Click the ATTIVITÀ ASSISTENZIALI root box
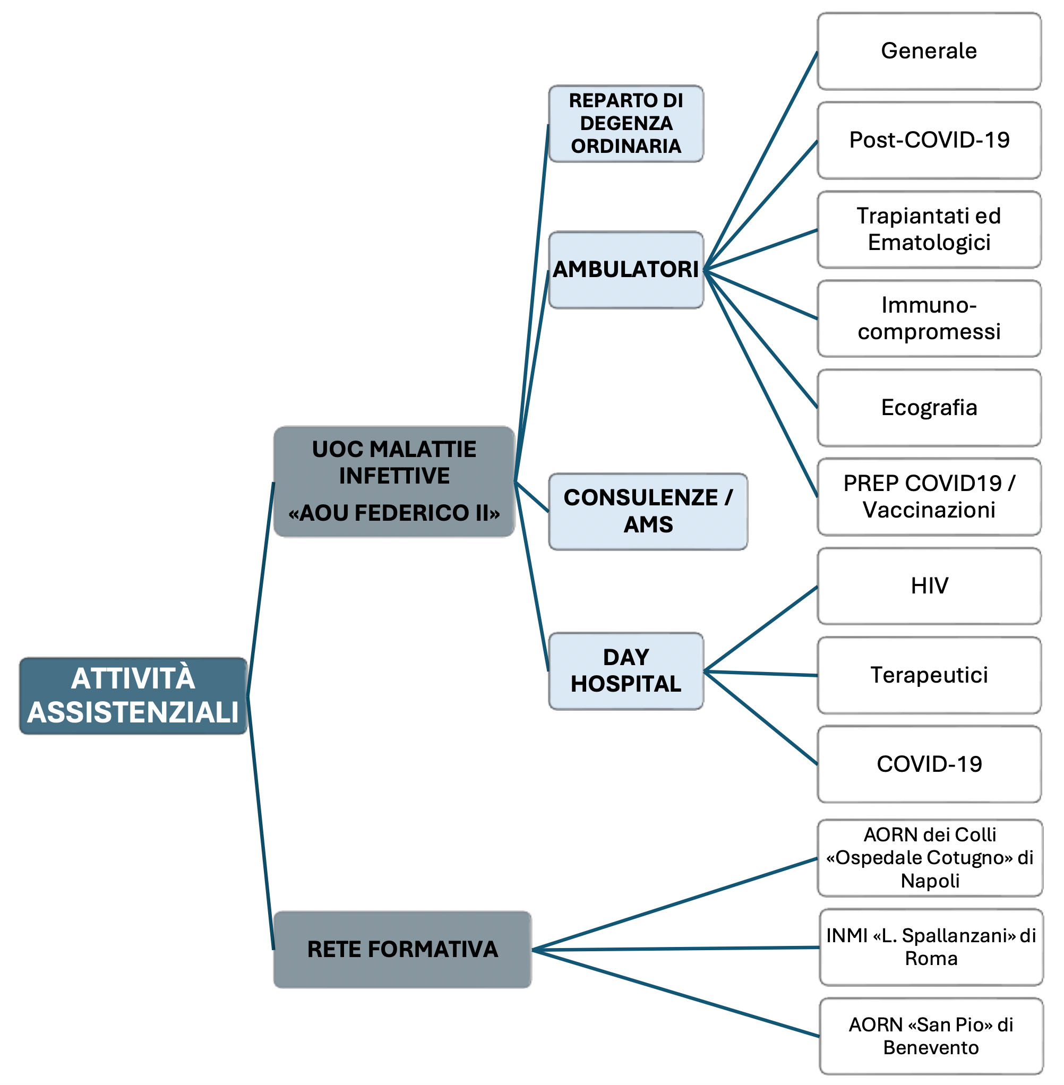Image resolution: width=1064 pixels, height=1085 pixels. (133, 695)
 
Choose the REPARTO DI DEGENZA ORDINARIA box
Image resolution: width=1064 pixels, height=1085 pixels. (626, 124)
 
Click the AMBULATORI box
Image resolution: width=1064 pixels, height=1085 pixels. (626, 270)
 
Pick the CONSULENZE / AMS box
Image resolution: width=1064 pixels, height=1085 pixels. (648, 511)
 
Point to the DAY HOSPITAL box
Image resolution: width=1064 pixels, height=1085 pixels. (626, 671)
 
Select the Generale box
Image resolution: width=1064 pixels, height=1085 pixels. (929, 51)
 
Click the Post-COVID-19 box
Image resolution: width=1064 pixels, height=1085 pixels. (929, 140)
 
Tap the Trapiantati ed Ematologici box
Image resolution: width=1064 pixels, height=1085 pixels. (929, 230)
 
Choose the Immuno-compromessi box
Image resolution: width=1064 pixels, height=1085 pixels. (929, 318)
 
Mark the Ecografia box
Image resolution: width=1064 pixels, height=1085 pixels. (929, 408)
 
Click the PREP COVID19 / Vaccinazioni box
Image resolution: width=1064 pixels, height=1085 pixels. (929, 497)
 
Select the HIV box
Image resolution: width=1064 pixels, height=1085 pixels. (929, 586)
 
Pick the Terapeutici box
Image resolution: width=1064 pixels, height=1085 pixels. (929, 675)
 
